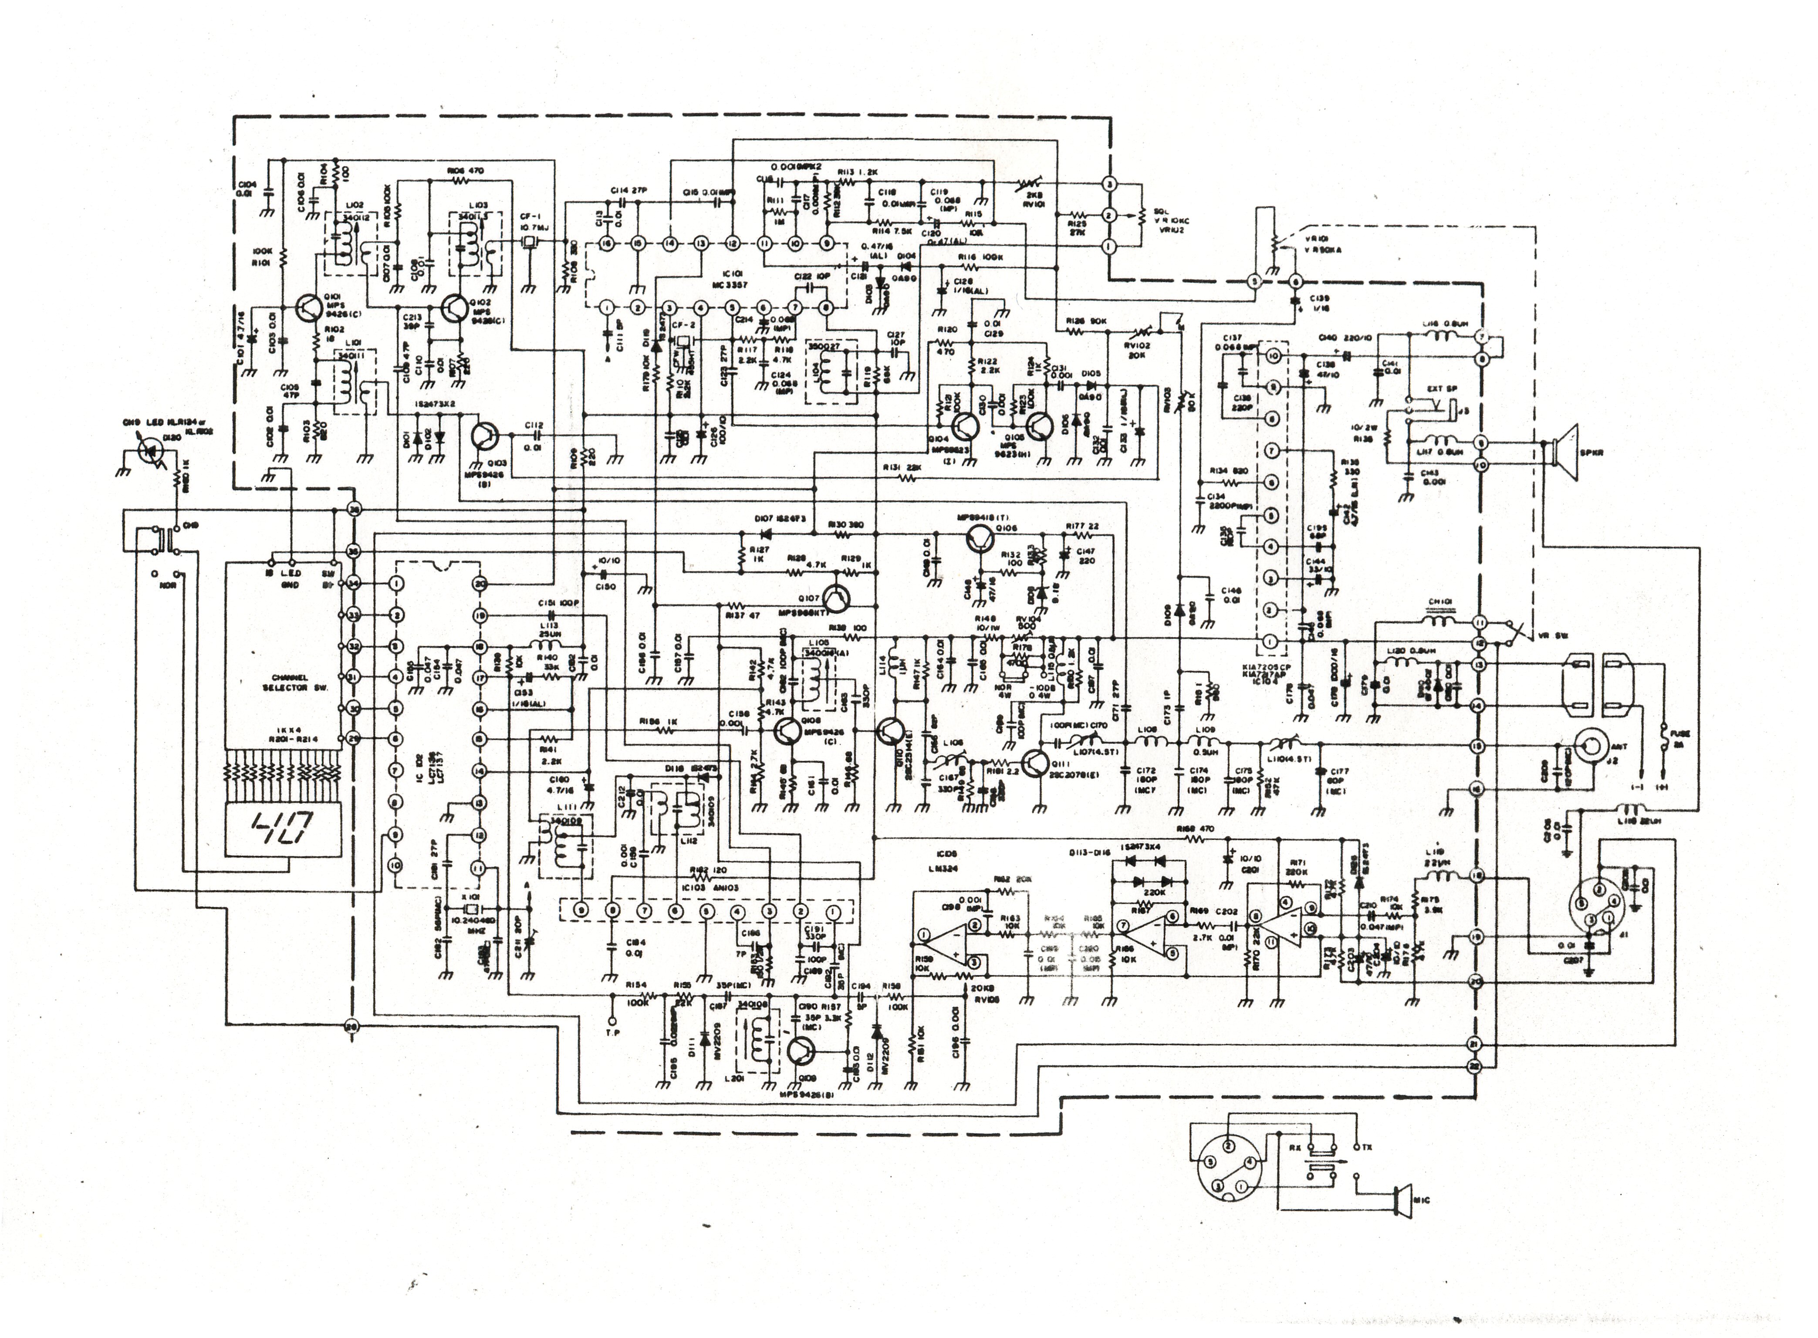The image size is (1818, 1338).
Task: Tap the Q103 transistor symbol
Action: (486, 436)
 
